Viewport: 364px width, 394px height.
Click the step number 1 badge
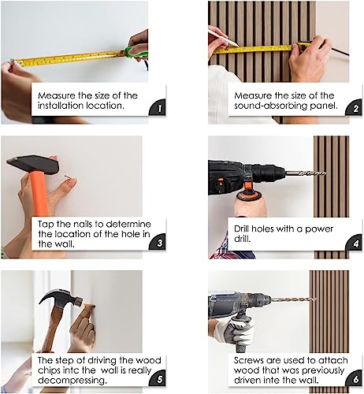tap(158, 108)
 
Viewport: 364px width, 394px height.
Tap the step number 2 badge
tap(355, 108)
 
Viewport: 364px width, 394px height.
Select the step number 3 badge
tap(158, 242)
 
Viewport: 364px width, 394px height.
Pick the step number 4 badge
tap(355, 242)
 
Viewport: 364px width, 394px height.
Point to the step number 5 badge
tap(158, 378)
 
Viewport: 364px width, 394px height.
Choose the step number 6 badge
tap(355, 378)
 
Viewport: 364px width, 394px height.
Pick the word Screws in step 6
tap(249, 360)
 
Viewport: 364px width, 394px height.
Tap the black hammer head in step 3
tap(33, 165)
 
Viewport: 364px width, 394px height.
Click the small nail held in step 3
tap(68, 177)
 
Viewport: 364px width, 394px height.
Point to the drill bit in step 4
tap(306, 173)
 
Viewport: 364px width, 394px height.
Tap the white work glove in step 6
tap(233, 332)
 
